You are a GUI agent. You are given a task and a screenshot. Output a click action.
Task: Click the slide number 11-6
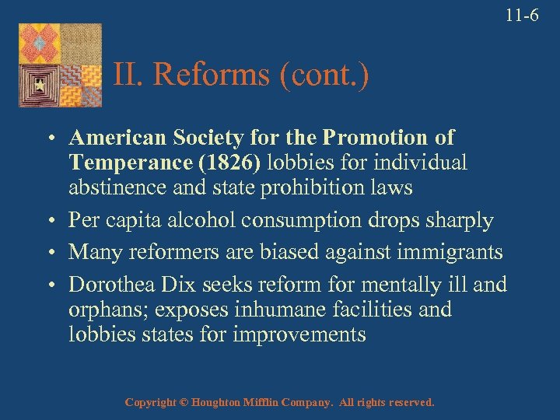521,16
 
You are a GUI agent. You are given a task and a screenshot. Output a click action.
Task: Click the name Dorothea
113,284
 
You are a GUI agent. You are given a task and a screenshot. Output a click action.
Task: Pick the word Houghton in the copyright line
222,403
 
